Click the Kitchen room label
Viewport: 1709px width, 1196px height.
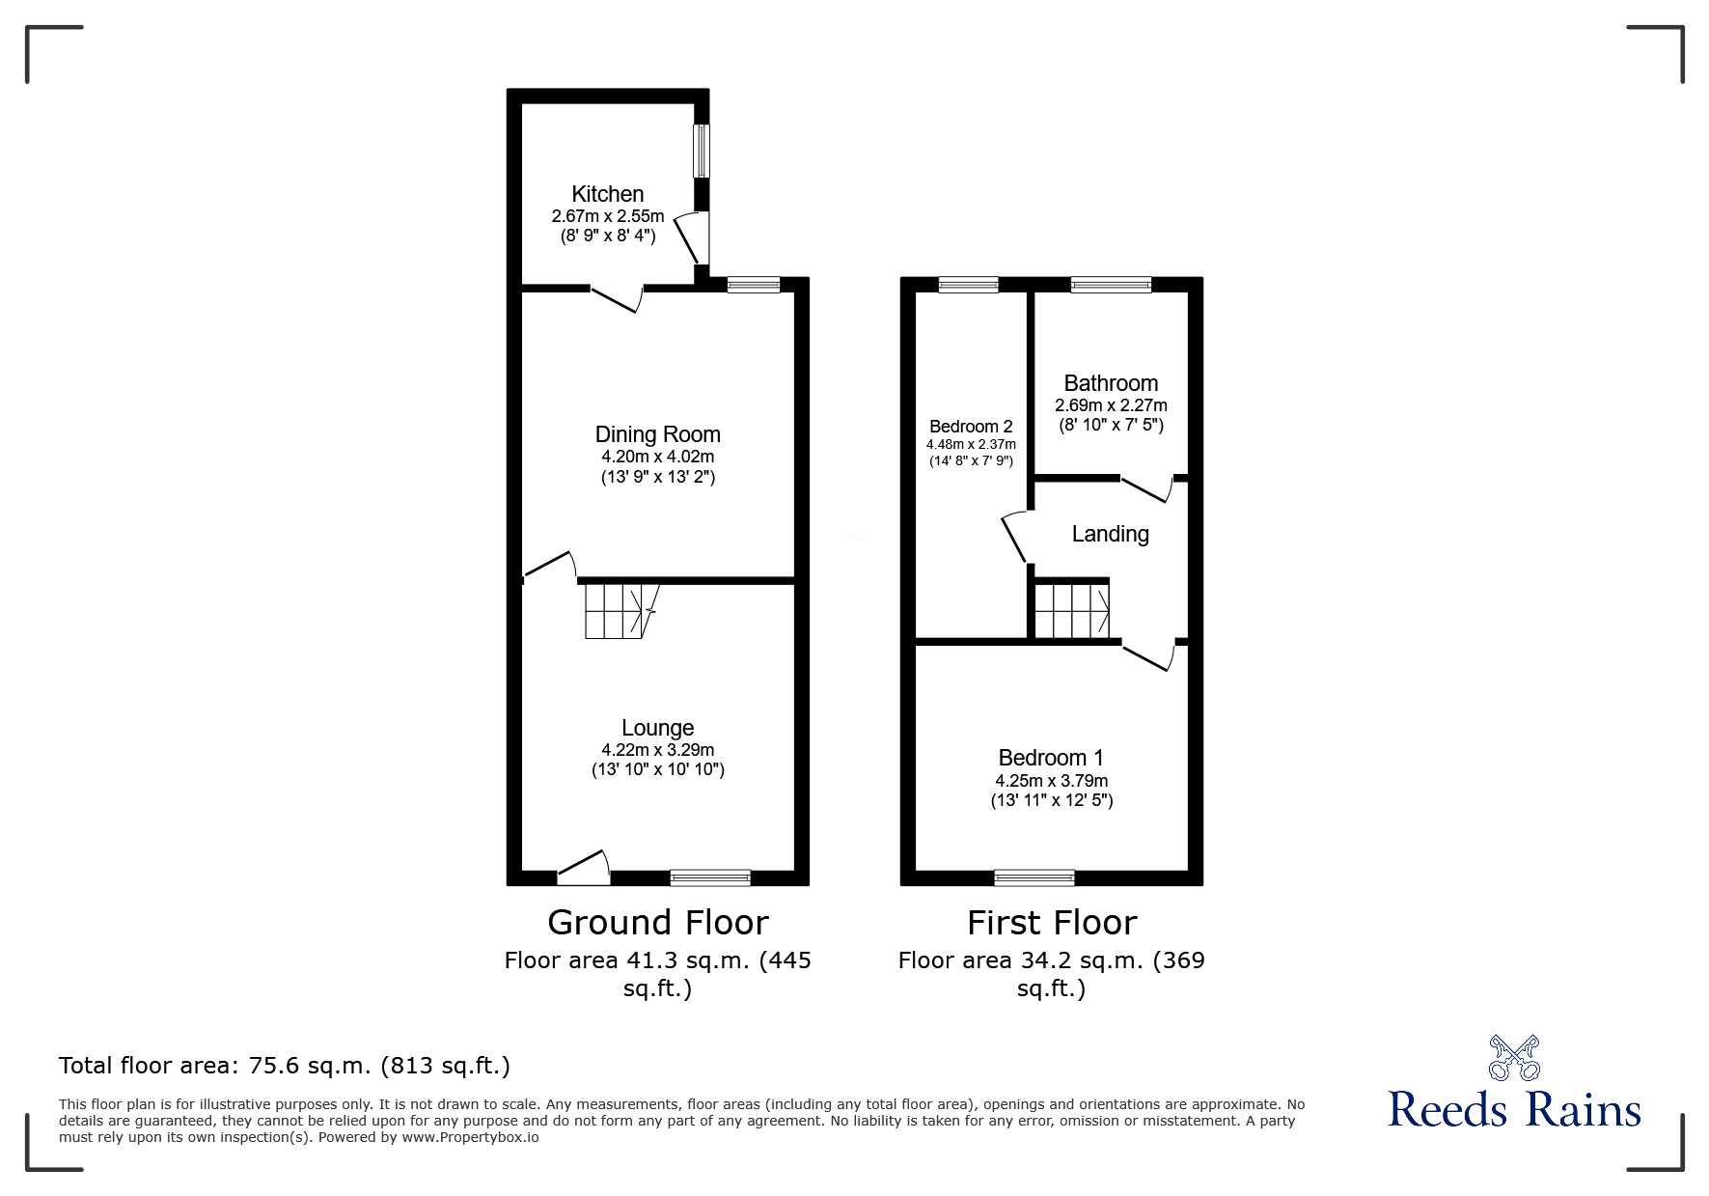point(607,194)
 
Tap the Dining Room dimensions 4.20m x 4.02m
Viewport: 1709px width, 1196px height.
point(657,457)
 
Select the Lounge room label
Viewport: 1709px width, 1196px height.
point(657,728)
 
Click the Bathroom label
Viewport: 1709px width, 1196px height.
point(1111,383)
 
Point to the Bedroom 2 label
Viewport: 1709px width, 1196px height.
point(971,427)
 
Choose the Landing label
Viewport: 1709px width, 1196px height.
point(1110,534)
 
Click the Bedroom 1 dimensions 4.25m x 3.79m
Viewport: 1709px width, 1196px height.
point(1051,780)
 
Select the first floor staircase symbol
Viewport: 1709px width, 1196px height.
point(1071,609)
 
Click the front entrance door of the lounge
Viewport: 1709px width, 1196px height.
point(584,868)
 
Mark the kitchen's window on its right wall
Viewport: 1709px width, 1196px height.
point(703,151)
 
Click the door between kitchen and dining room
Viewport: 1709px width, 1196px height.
point(617,297)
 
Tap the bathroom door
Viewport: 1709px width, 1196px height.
point(1146,487)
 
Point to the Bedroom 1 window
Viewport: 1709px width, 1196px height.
point(1034,877)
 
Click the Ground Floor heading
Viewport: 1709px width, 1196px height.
point(657,923)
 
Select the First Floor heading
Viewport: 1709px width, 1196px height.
point(1051,923)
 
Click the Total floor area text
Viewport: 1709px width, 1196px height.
point(284,1066)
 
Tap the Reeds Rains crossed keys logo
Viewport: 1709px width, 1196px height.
point(1513,1058)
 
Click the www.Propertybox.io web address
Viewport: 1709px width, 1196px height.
point(470,1137)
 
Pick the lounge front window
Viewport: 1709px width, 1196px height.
point(710,877)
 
